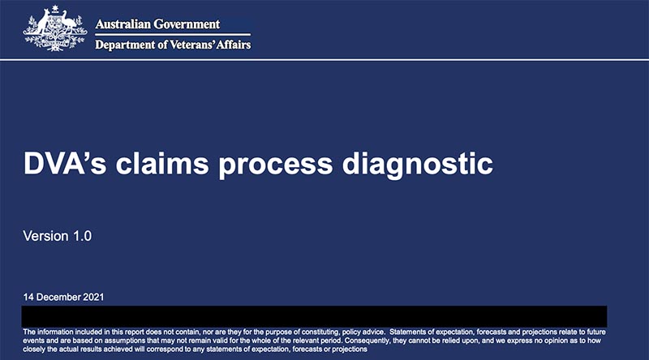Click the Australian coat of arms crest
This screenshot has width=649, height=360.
point(55,28)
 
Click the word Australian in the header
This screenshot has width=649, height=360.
point(123,24)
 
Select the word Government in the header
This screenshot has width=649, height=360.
point(187,24)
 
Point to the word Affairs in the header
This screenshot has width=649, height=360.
point(234,45)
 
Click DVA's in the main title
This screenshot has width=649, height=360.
point(65,163)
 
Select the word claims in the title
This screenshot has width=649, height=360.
point(161,163)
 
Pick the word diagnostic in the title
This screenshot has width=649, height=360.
point(418,165)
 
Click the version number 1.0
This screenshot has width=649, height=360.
point(83,236)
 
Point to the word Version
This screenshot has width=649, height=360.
point(46,236)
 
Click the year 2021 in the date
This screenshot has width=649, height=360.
point(93,297)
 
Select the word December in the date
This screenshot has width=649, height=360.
point(58,297)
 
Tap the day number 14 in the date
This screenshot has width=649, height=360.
point(28,297)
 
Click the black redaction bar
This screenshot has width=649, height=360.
point(314,316)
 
